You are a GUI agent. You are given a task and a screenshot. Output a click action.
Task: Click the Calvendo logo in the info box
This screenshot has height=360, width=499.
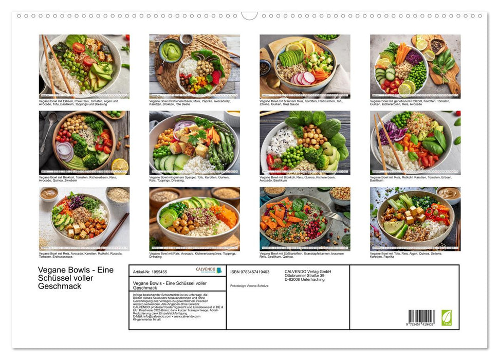pos(209,271)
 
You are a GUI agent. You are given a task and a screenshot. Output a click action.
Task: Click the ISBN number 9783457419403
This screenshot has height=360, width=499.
pos(250,272)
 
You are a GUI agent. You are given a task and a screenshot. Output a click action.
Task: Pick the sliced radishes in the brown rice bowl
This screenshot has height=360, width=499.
pos(303,78)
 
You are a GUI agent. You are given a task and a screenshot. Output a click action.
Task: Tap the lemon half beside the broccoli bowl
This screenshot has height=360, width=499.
pos(119,166)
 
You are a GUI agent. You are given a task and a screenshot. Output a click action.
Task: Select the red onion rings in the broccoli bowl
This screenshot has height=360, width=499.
pos(65,151)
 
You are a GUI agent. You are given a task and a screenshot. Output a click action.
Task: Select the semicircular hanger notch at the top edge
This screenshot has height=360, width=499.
pos(249,16)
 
